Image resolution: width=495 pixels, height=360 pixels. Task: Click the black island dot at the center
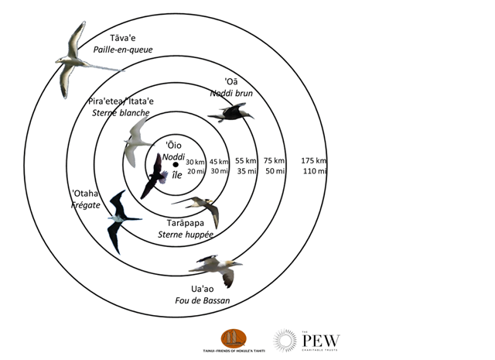[176, 164]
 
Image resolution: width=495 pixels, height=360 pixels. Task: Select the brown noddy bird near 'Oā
[230, 113]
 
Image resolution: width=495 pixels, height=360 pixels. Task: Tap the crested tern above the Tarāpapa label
[200, 207]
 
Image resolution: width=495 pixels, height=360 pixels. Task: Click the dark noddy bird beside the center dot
[155, 176]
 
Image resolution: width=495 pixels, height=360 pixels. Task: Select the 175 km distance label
[314, 159]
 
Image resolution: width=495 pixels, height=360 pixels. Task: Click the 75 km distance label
[274, 159]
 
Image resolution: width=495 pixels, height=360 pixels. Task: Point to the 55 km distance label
[247, 159]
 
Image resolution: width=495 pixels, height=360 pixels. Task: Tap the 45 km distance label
[219, 160]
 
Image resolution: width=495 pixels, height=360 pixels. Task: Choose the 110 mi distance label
[314, 170]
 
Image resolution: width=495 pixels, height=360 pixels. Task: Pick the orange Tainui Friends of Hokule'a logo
[234, 338]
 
